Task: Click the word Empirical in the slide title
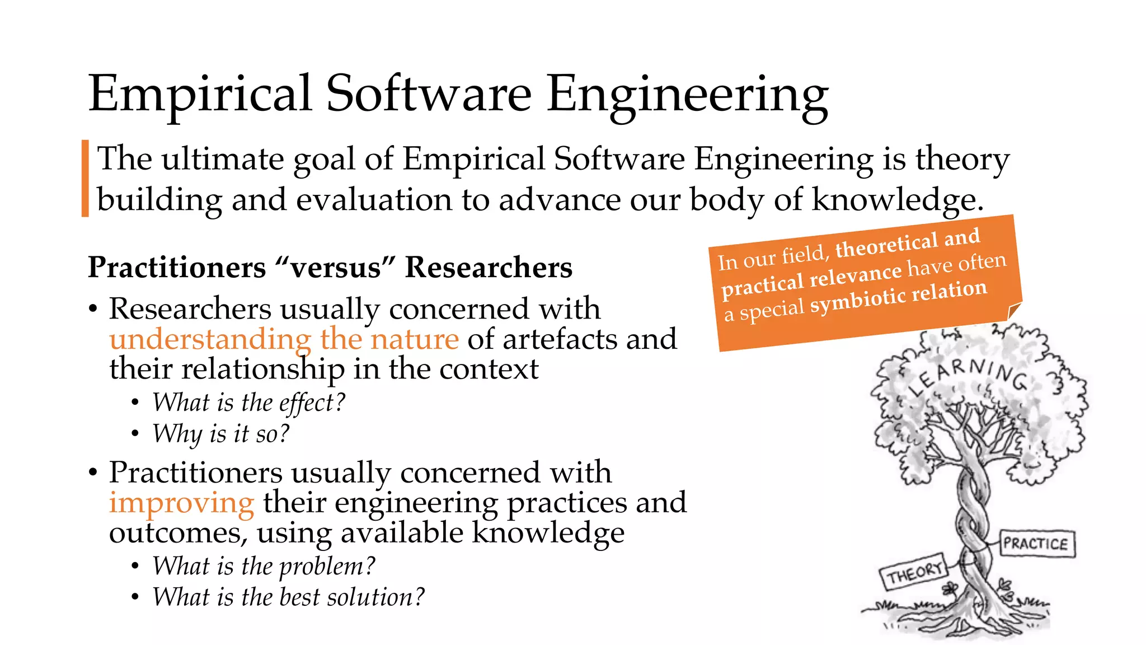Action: pos(200,94)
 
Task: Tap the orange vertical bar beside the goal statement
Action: pos(85,178)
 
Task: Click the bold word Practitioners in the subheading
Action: pos(177,267)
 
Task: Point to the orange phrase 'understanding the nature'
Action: pos(284,339)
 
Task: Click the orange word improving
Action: pos(181,502)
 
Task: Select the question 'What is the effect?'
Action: pos(249,403)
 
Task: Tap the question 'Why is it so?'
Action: pos(221,433)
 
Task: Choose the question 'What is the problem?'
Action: pos(264,566)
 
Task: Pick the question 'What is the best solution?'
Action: pos(288,597)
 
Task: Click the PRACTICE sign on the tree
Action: pos(1036,544)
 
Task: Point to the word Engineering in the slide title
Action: pos(687,94)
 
